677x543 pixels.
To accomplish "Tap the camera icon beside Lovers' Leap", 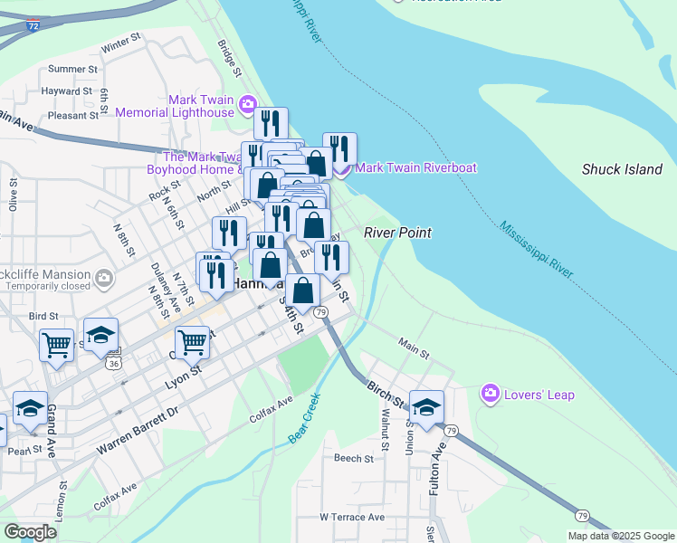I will (x=490, y=394).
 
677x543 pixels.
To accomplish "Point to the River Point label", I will (x=397, y=233).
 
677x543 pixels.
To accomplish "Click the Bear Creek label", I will (x=305, y=417).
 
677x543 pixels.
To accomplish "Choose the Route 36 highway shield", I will (x=113, y=364).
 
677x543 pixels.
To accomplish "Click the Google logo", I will (x=30, y=532).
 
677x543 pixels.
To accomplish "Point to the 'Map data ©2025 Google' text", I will (x=621, y=536).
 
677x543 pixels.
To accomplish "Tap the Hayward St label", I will (x=67, y=91).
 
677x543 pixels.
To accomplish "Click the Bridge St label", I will (x=230, y=57).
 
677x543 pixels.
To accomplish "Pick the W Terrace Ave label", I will (x=352, y=517).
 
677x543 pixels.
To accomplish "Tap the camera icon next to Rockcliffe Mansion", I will (x=104, y=276).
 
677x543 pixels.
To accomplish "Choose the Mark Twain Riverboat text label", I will (x=416, y=167).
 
